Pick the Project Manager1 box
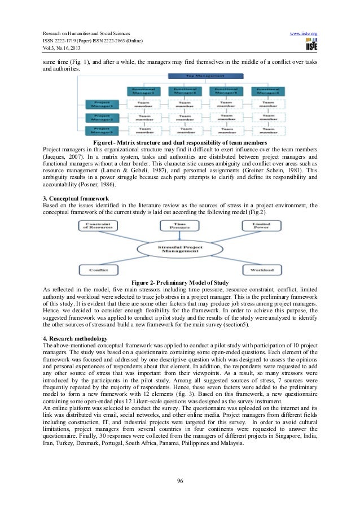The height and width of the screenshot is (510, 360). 102,105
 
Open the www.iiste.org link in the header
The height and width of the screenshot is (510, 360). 303,34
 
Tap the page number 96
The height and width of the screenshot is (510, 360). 180,481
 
